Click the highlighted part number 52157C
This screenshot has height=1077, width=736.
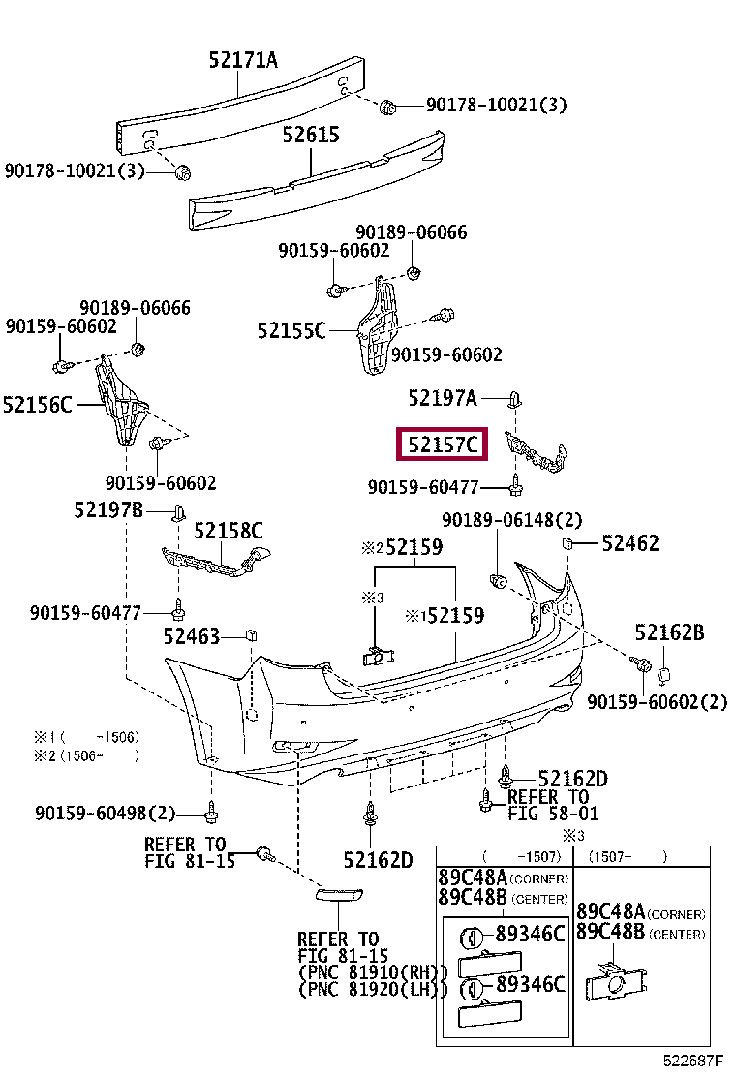[x=444, y=446]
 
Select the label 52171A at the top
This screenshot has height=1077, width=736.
[x=242, y=61]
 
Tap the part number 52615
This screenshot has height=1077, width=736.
[x=311, y=136]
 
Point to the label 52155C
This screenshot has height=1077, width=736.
[x=291, y=330]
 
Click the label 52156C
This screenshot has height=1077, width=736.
[x=38, y=404]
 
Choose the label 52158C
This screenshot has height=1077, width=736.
[x=229, y=531]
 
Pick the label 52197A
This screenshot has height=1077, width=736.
[x=443, y=397]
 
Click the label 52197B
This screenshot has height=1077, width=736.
[x=108, y=509]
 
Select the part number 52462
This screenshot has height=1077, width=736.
[x=630, y=543]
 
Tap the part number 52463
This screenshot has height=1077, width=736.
[x=192, y=636]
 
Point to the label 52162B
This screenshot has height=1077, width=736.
[x=669, y=633]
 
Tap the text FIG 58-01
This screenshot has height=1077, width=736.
[x=553, y=814]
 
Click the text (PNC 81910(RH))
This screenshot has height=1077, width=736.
[x=372, y=971]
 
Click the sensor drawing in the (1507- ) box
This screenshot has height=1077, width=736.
[x=610, y=980]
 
